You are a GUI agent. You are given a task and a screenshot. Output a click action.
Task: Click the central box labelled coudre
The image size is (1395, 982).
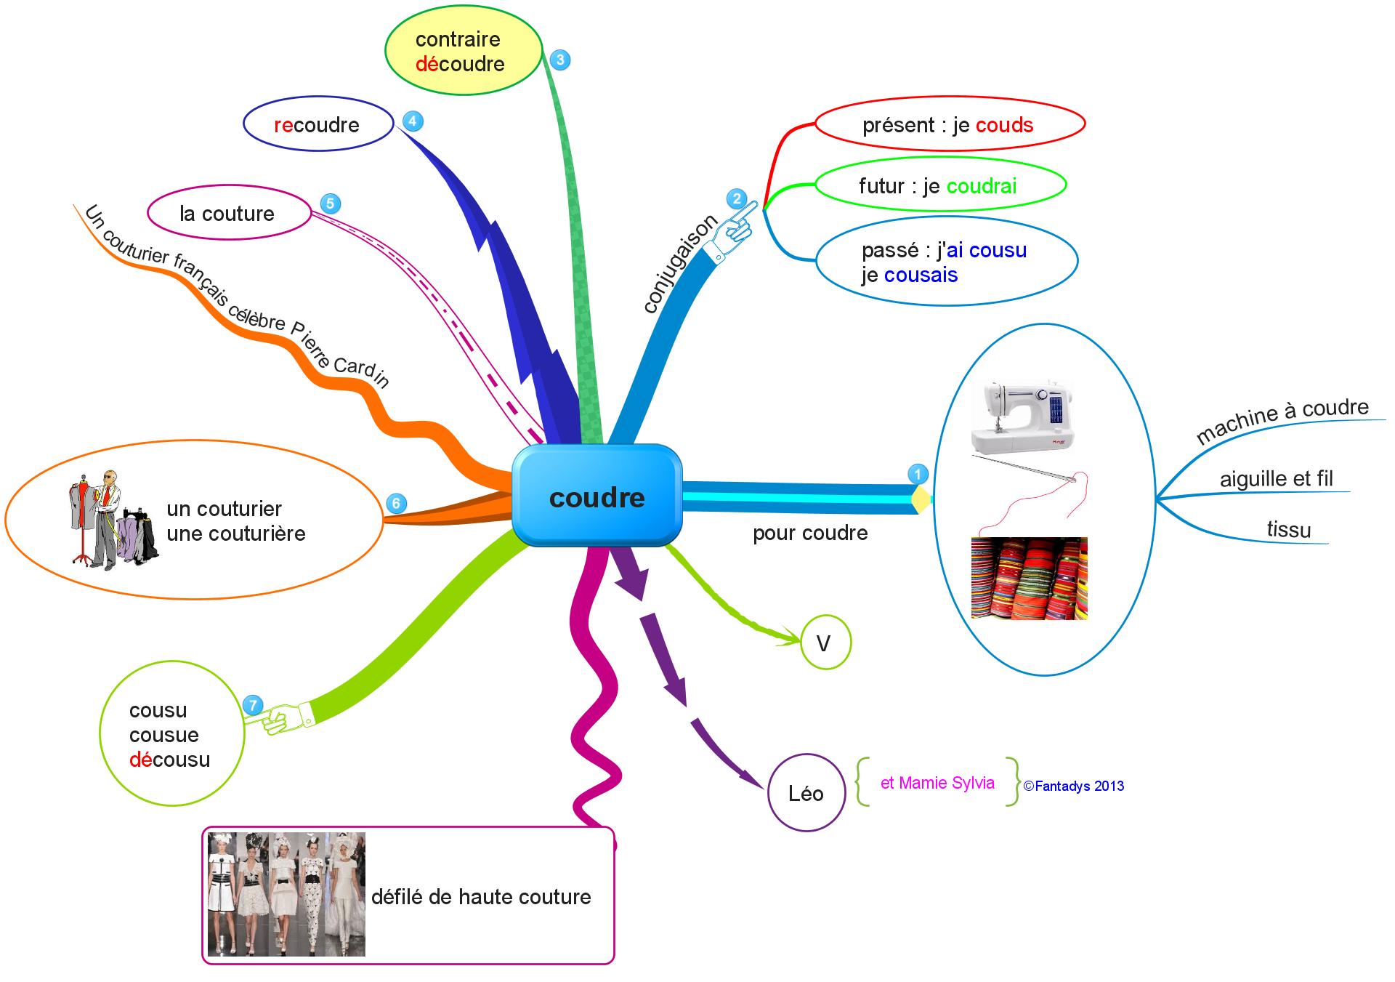[597, 496]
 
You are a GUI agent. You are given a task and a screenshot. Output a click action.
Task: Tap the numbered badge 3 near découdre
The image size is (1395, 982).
[559, 60]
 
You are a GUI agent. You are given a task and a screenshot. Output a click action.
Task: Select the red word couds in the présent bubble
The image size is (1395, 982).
[1004, 125]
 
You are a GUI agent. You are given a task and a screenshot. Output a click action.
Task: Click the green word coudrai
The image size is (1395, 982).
[982, 186]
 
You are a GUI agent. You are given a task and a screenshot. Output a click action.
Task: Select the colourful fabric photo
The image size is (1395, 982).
[1029, 578]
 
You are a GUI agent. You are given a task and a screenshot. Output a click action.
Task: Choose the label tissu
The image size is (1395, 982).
[1289, 529]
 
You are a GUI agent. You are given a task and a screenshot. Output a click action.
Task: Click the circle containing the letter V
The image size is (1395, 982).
[825, 643]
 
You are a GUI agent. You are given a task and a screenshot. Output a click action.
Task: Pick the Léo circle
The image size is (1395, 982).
[806, 793]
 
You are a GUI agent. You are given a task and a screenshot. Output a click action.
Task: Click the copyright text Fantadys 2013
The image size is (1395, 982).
[1074, 786]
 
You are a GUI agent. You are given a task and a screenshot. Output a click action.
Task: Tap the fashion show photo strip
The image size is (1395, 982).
[286, 894]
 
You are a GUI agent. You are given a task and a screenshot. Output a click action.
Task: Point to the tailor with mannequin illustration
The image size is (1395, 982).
[112, 518]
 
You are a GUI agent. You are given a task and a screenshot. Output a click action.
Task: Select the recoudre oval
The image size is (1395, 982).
[318, 124]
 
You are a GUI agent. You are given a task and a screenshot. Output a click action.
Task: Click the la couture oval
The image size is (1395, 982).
[228, 214]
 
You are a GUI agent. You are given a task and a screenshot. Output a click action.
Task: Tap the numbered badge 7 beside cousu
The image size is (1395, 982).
[252, 705]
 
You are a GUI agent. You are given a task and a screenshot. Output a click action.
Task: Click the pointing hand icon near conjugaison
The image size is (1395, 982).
[733, 229]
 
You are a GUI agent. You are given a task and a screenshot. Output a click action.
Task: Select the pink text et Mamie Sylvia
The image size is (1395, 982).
[937, 783]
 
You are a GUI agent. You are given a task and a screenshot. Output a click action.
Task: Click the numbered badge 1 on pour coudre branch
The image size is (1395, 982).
[918, 475]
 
